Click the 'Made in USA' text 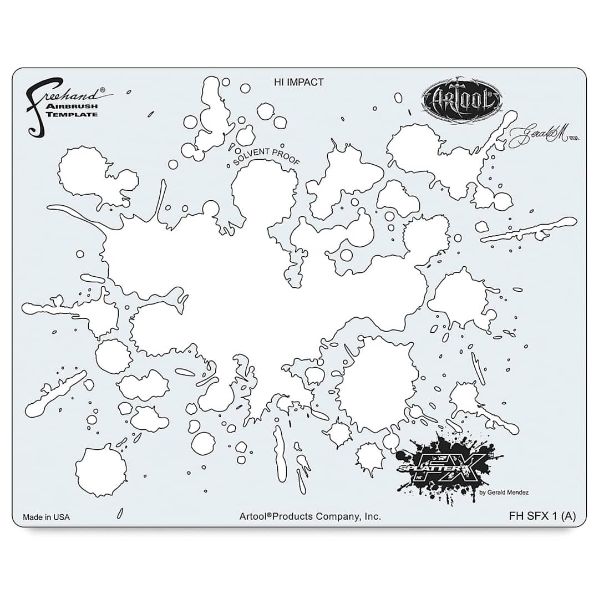pyautogui.click(x=46, y=517)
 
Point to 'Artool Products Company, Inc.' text pyautogui.click(x=310, y=516)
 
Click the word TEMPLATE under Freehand pyautogui.click(x=80, y=114)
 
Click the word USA pyautogui.click(x=62, y=517)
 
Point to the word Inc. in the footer pyautogui.click(x=372, y=516)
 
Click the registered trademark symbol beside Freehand pyautogui.click(x=101, y=89)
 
